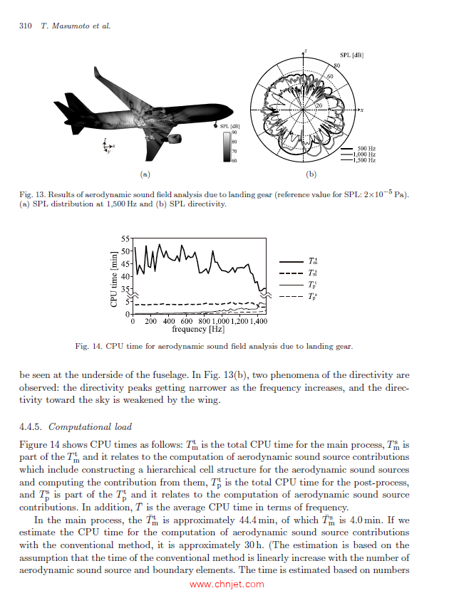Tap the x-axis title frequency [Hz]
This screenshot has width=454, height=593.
click(x=198, y=330)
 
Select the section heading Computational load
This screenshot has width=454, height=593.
click(x=91, y=427)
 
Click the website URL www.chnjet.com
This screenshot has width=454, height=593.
click(x=227, y=584)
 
